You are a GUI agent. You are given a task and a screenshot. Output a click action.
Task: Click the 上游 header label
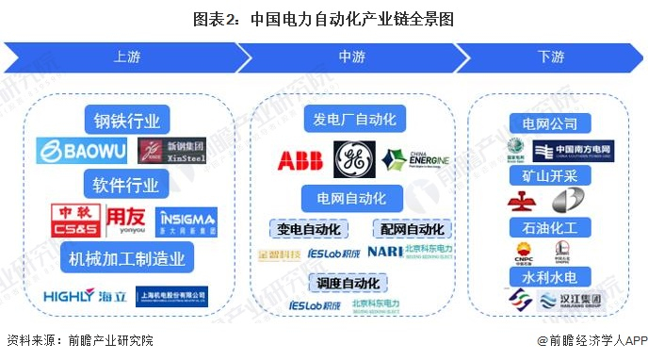[127, 57]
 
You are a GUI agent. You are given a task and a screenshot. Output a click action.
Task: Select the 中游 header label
[351, 57]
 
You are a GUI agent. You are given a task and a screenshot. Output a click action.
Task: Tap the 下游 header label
[551, 57]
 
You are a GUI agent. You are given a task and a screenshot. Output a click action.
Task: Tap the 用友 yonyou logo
[126, 221]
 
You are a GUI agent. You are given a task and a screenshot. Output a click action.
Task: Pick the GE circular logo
[354, 159]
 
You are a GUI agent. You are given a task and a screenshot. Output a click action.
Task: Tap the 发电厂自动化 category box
[353, 119]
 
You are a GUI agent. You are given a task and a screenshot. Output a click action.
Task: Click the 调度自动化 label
[348, 283]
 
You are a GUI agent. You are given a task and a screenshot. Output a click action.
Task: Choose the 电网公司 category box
[550, 123]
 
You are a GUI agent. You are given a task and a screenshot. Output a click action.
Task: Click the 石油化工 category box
[550, 227]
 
